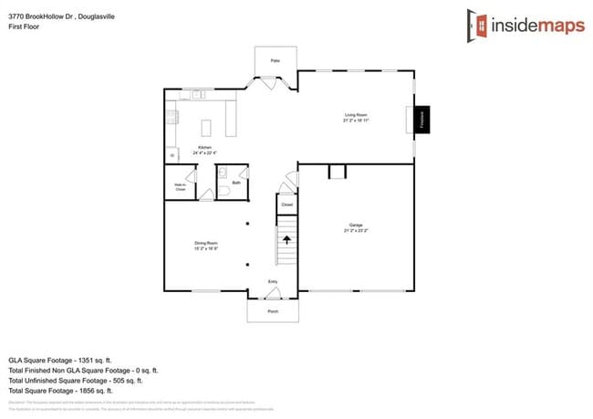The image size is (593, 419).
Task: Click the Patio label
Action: pyautogui.click(x=275, y=61)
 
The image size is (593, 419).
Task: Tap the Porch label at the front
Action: pyautogui.click(x=273, y=311)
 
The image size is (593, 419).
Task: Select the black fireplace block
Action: pyautogui.click(x=421, y=119)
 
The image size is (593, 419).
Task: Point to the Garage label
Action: pyautogui.click(x=356, y=225)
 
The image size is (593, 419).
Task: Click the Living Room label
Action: pyautogui.click(x=356, y=116)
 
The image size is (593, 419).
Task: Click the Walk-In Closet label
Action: pyautogui.click(x=181, y=186)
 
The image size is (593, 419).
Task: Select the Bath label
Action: pyautogui.click(x=236, y=183)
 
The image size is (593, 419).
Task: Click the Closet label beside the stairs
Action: pyautogui.click(x=286, y=204)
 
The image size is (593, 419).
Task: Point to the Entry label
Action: pyautogui.click(x=272, y=282)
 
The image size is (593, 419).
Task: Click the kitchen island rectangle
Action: pyautogui.click(x=205, y=125)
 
